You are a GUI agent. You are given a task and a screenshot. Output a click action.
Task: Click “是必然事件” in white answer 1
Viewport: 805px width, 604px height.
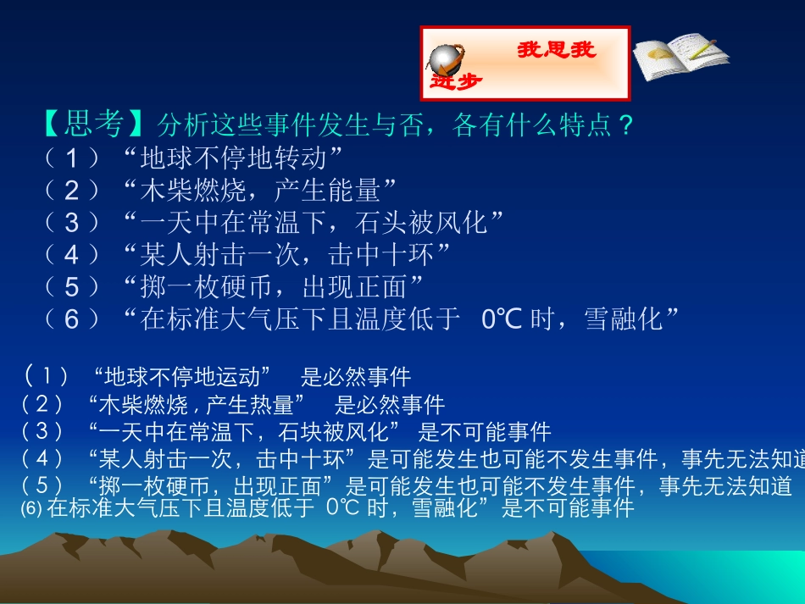pyautogui.click(x=356, y=376)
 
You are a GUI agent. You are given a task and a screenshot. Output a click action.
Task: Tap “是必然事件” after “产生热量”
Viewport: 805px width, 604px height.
pyautogui.click(x=390, y=404)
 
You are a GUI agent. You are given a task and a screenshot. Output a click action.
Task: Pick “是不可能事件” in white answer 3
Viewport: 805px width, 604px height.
pyautogui.click(x=485, y=432)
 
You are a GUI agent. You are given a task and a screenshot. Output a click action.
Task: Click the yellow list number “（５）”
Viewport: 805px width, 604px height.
pyautogui.click(x=72, y=286)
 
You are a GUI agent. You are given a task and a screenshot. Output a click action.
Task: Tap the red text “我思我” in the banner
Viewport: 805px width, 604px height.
pyautogui.click(x=557, y=50)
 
